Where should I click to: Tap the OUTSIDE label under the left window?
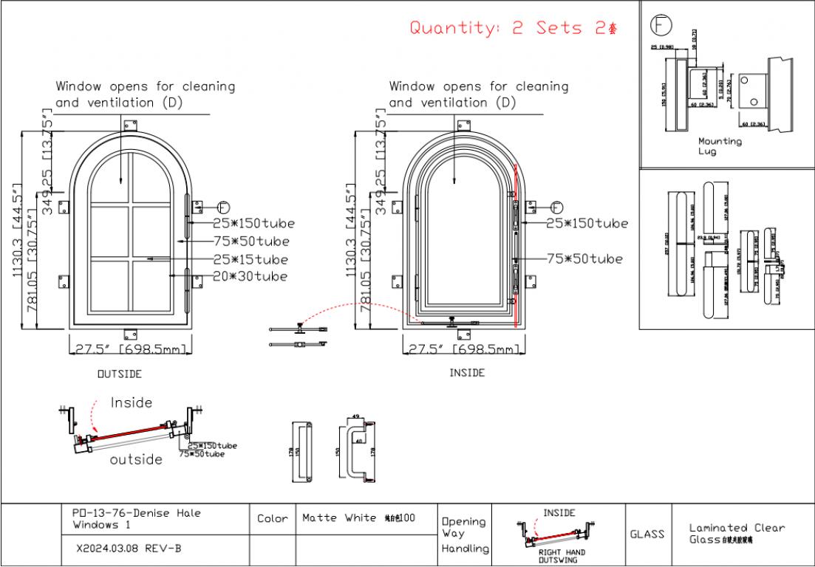(120, 374)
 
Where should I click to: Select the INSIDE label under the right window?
(467, 373)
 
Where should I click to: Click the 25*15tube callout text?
(250, 259)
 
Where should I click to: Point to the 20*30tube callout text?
(250, 276)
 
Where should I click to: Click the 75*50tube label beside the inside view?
(584, 258)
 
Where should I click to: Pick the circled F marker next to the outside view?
(224, 206)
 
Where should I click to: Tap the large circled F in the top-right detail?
(661, 25)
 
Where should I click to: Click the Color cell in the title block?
(272, 519)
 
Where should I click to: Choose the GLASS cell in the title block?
(647, 534)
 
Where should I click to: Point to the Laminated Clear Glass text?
(736, 533)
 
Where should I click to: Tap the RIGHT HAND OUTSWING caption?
(562, 556)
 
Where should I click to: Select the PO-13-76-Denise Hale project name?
(137, 518)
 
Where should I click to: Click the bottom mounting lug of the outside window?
(131, 331)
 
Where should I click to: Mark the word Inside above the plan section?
(132, 403)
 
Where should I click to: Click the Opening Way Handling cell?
(465, 535)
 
